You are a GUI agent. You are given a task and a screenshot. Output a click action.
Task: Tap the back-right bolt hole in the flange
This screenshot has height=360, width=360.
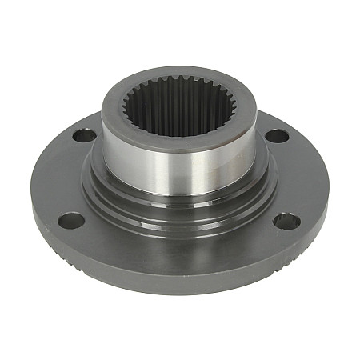point(277,136)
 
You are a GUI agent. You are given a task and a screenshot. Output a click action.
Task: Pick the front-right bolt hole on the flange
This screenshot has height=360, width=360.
point(287,221)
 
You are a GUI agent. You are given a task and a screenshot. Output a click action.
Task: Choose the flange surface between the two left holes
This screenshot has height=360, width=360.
point(60,176)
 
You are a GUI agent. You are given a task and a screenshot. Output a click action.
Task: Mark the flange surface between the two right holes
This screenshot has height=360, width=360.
point(300,176)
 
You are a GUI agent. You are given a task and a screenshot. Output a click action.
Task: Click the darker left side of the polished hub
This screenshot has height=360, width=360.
point(116,152)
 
